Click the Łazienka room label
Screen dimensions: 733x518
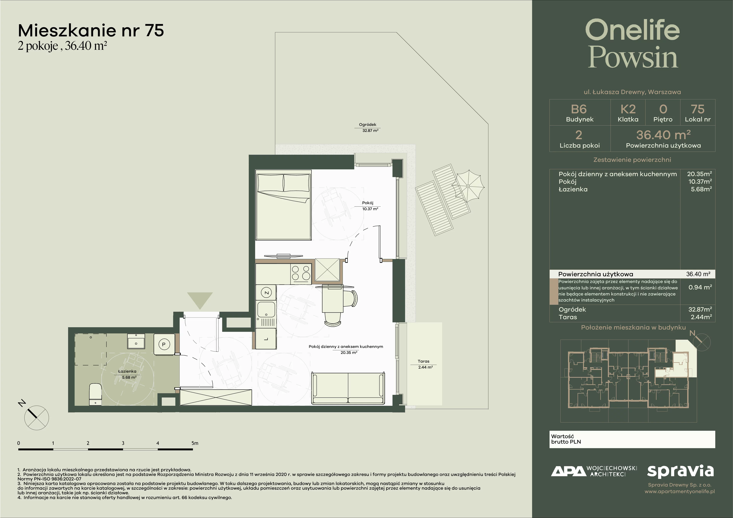[x=127, y=371]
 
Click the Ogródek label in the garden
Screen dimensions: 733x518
[x=367, y=124]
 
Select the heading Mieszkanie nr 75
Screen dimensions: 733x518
[x=91, y=31]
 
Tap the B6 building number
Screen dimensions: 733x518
[x=579, y=109]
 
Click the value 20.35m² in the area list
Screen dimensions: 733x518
[x=699, y=174]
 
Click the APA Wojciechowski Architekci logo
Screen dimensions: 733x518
[x=594, y=471]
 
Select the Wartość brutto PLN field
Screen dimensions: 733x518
[x=632, y=439]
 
